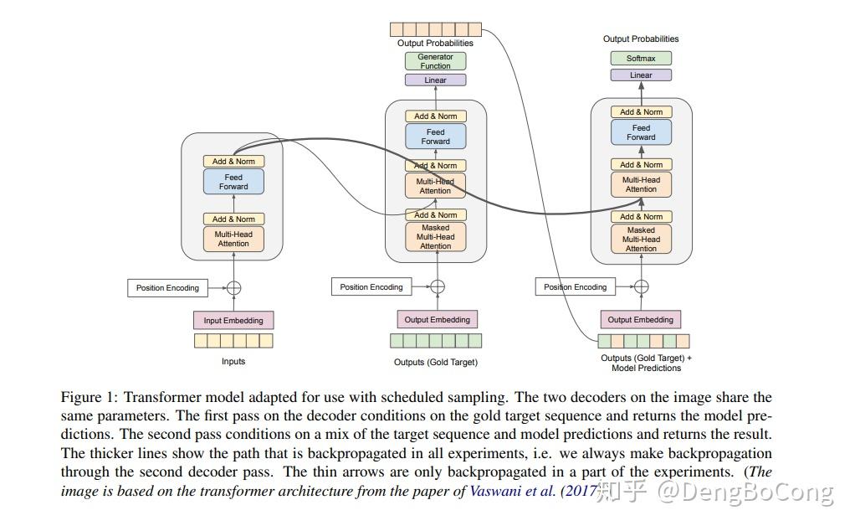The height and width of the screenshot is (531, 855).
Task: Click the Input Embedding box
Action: tap(233, 320)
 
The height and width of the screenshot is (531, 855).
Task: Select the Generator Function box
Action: tap(435, 61)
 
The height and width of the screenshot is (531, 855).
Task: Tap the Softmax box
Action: tap(641, 59)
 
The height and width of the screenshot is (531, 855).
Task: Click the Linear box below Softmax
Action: tap(641, 75)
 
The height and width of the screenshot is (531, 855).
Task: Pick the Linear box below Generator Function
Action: tap(435, 80)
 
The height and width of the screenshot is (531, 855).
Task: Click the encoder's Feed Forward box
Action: tap(233, 182)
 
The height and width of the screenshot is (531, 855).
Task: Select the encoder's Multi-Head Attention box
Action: tap(233, 239)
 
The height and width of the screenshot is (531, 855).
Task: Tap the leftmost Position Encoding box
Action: tap(167, 288)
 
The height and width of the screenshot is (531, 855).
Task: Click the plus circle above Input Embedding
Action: tap(234, 288)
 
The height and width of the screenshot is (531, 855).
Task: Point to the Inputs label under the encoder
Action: tap(233, 361)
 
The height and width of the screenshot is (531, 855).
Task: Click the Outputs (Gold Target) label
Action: tap(436, 362)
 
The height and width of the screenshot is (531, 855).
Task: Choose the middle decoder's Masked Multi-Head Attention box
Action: tap(435, 237)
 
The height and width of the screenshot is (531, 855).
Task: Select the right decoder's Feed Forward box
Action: tap(641, 132)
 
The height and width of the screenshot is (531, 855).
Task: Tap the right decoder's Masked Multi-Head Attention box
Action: tap(641, 239)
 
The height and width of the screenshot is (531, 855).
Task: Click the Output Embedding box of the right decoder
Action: tap(640, 320)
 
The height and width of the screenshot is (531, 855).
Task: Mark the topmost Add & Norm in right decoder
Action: tap(641, 112)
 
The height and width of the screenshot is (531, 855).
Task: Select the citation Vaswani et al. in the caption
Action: tap(513, 491)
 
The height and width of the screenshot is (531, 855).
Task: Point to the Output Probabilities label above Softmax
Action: tap(641, 39)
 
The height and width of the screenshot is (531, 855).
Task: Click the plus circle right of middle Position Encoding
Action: tap(438, 286)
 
